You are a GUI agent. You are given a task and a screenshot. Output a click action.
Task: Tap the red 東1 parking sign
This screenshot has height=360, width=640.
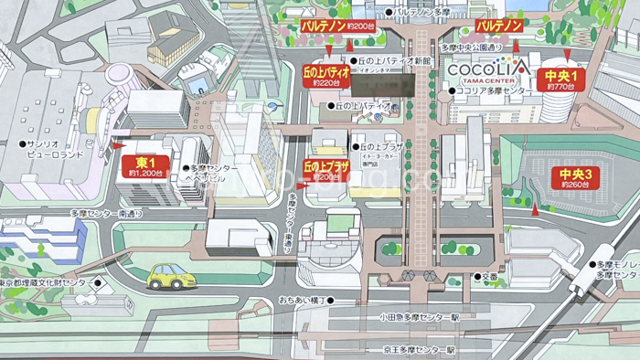pos(145,165)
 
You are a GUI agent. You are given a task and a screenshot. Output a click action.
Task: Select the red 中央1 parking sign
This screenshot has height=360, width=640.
pos(560,79)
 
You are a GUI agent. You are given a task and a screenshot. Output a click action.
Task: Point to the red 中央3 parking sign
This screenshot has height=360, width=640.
pos(577,176)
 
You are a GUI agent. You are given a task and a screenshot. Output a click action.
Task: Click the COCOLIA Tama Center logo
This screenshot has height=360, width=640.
pos(487,70)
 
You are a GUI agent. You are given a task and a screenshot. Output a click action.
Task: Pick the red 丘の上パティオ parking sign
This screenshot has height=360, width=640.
pos(326,75)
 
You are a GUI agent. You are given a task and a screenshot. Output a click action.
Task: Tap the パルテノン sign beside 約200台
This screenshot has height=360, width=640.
pos(324,27)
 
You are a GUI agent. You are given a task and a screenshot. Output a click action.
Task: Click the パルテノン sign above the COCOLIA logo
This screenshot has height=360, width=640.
pos(499,26)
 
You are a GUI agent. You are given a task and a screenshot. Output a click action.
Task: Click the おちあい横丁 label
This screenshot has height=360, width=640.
pos(303,299)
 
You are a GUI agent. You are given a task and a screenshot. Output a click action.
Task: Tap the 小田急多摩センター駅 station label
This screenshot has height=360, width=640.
pos(420,317)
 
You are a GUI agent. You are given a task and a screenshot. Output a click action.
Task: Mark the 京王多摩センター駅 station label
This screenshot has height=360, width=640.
pos(420,350)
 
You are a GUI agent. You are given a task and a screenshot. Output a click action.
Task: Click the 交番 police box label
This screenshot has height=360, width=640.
pos(489,276)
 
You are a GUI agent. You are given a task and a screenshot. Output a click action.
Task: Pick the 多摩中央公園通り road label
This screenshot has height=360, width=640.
pos(472,47)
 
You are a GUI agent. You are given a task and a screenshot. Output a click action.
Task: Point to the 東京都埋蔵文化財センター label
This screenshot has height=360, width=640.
pos(41,283)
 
